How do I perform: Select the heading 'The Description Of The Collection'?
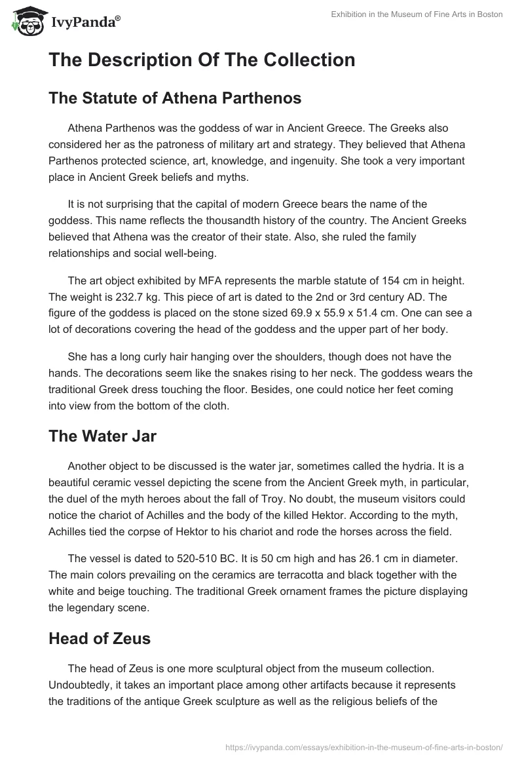[202, 60]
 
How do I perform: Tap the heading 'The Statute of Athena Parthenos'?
[175, 98]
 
